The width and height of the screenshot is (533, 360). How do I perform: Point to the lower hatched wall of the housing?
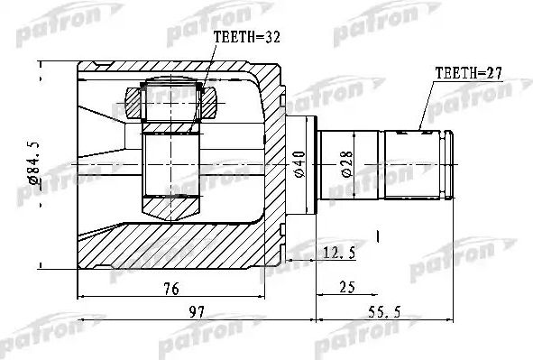(x=180, y=248)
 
